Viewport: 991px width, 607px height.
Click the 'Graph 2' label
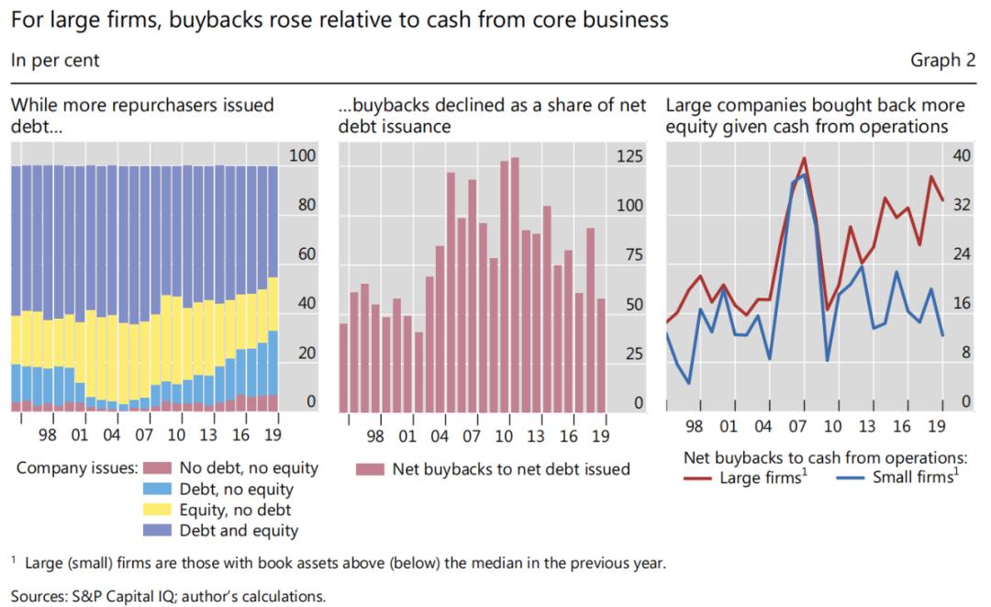[942, 61]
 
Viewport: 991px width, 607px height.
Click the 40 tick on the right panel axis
[937, 156]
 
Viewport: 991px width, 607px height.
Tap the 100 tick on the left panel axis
[303, 156]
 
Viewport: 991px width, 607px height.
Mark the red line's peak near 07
[804, 158]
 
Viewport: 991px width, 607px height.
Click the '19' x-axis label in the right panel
[936, 427]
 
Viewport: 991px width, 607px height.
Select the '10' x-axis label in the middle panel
[505, 436]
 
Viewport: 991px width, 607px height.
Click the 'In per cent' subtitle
[55, 61]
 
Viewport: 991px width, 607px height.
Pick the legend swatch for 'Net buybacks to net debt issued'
[369, 468]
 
